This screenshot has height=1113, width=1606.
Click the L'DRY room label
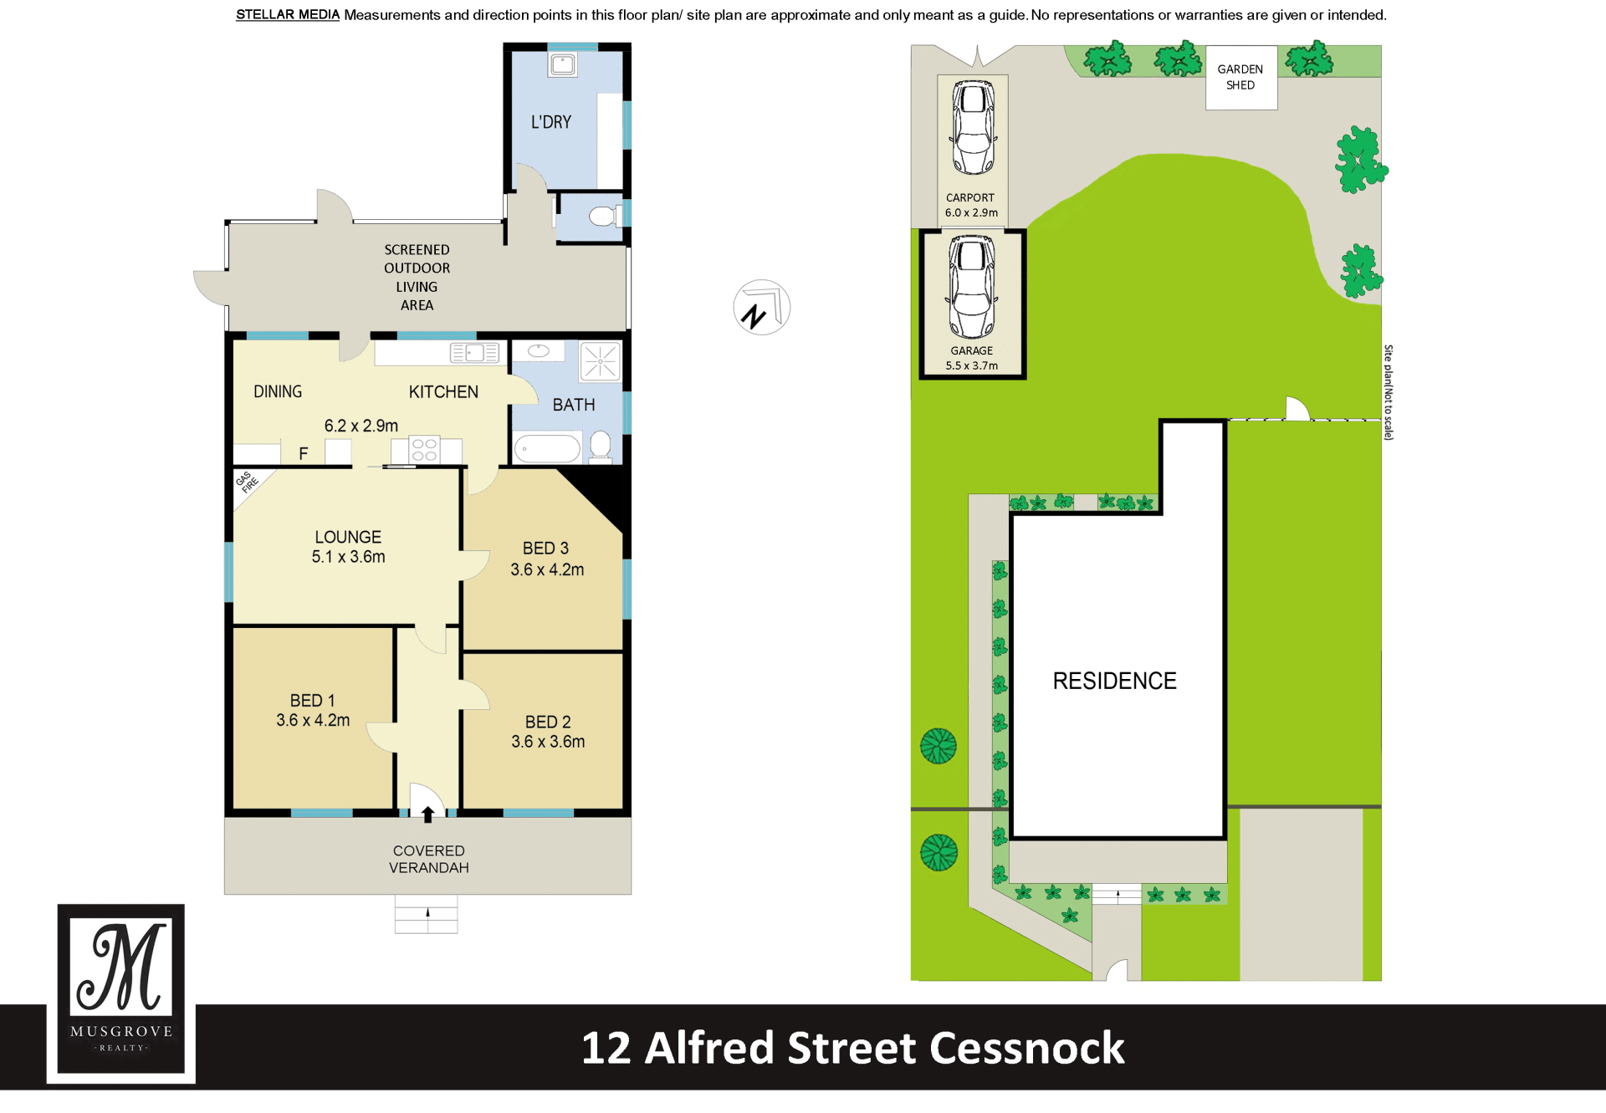click(x=551, y=122)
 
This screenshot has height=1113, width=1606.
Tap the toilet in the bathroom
click(x=600, y=446)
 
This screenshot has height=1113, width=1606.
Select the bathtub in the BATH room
click(x=547, y=448)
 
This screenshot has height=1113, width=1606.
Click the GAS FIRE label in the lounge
click(x=247, y=482)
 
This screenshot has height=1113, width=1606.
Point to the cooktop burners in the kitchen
click(x=424, y=450)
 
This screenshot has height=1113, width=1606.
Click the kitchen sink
click(x=474, y=353)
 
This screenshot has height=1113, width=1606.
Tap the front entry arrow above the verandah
click(x=427, y=814)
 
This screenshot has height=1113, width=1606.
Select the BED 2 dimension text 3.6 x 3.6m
click(x=548, y=742)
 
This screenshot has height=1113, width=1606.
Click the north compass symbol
click(x=761, y=308)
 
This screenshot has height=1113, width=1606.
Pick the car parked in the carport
click(x=973, y=127)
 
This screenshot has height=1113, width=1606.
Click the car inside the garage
click(x=972, y=286)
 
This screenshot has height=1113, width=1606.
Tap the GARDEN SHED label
click(x=1240, y=77)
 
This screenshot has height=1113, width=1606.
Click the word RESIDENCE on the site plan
click(x=1114, y=681)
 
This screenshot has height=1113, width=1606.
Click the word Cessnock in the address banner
click(x=1027, y=1048)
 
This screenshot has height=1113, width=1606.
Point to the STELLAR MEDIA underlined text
click(x=288, y=15)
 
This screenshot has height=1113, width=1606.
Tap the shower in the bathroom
click(x=601, y=361)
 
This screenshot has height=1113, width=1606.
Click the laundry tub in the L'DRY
click(x=563, y=64)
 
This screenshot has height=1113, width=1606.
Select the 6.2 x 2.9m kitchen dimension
click(x=361, y=426)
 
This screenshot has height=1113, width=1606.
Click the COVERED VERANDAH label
click(x=428, y=859)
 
